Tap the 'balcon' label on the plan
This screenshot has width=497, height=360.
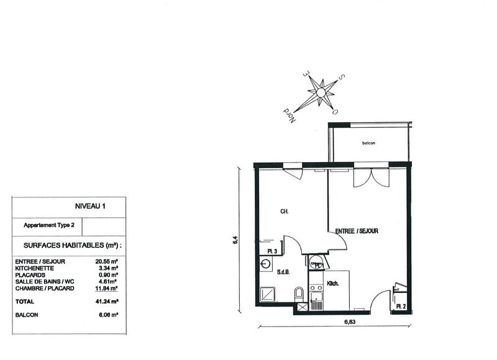pyautogui.click(x=369, y=143)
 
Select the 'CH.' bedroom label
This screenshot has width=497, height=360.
pyautogui.click(x=284, y=212)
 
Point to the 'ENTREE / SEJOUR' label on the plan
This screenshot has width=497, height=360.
pyautogui.click(x=357, y=231)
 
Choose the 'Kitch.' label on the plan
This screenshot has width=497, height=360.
pyautogui.click(x=333, y=286)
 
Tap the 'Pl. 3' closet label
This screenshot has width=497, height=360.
pyautogui.click(x=271, y=251)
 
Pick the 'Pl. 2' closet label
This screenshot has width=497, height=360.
pyautogui.click(x=400, y=307)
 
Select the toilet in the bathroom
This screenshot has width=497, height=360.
pyautogui.click(x=299, y=292)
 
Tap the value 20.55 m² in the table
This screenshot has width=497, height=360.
pyautogui.click(x=106, y=262)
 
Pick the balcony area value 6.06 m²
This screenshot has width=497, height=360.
pyautogui.click(x=106, y=315)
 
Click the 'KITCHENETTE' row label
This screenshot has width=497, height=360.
pyautogui.click(x=37, y=268)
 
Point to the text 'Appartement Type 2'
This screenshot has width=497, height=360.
pyautogui.click(x=48, y=225)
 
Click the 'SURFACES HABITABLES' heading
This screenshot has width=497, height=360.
pyautogui.click(x=72, y=246)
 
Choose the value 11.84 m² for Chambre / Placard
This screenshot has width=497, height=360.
pyautogui.click(x=106, y=288)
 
